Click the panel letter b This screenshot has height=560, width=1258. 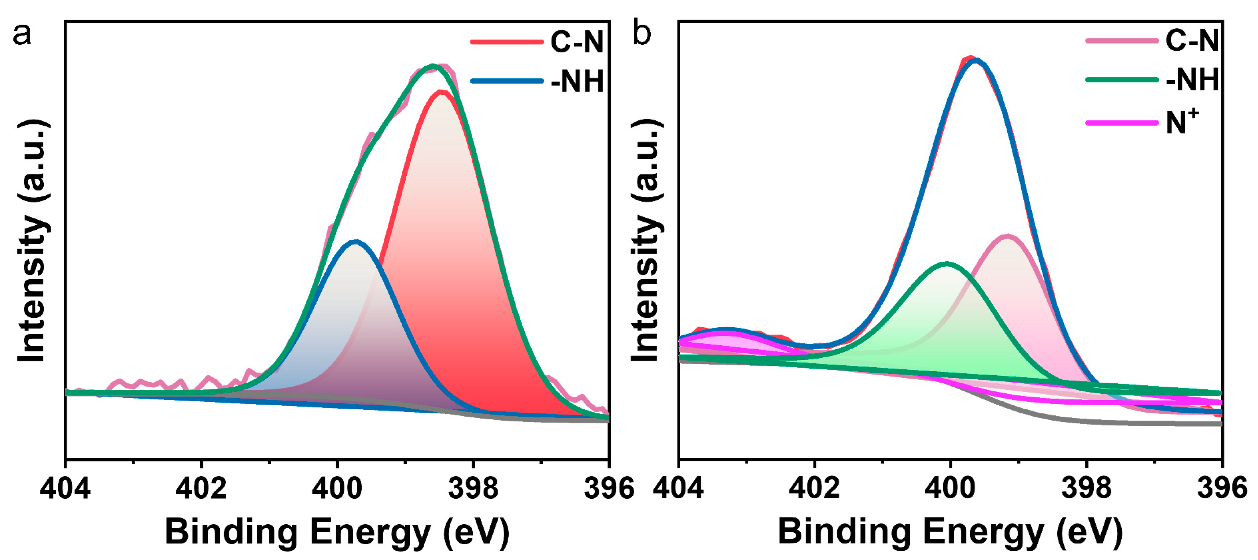coord(642,34)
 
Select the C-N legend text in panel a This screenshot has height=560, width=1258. coord(577,42)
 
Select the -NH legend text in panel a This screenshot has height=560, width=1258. coord(577,81)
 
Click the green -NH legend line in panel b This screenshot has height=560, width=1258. coord(1121,80)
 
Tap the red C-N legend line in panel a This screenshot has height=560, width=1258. coord(506,42)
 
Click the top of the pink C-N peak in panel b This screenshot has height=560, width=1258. coord(1007,236)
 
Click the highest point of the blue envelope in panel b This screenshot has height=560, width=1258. coord(975,60)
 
